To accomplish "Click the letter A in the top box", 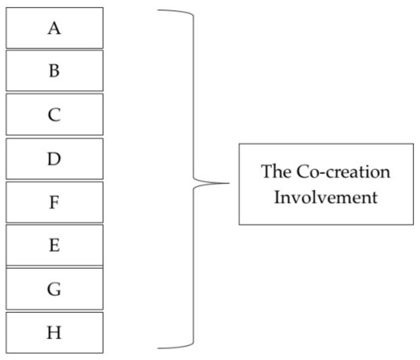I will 54,29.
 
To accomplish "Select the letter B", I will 54,71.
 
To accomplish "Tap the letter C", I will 54,115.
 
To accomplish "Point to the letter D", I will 54,159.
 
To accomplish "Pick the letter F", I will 54,202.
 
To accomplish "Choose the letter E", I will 54,246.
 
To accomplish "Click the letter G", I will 54,289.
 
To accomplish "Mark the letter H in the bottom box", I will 54,332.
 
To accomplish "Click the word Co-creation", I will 343,172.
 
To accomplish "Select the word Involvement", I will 326,197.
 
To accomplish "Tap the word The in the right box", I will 276,172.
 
